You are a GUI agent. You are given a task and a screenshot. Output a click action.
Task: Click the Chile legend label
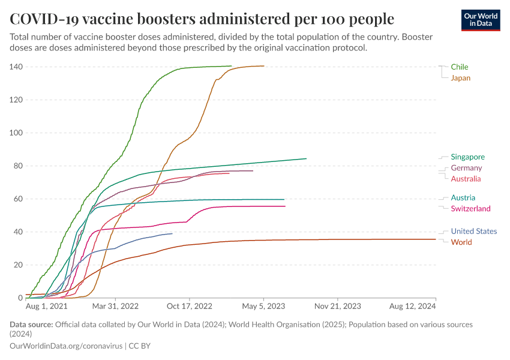point(460,67)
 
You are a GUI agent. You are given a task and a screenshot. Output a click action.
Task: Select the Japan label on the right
point(460,78)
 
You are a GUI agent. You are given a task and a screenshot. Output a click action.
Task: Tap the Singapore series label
point(467,157)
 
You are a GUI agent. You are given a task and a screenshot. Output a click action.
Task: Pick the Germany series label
point(466,168)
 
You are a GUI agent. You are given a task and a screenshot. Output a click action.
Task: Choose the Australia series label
point(466,179)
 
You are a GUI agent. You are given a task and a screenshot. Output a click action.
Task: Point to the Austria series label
point(463,197)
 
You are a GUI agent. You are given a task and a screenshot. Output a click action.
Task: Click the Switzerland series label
point(470,209)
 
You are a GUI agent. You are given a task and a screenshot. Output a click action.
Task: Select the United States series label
point(473,232)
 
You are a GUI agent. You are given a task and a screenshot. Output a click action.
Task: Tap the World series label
point(461,242)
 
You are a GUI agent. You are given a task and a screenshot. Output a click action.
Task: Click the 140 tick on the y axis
point(16,67)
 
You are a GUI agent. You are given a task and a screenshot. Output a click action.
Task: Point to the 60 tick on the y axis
point(18,199)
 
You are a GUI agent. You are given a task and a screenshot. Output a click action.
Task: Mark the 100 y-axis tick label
point(16,133)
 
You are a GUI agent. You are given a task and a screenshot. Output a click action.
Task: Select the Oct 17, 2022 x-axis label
point(190,306)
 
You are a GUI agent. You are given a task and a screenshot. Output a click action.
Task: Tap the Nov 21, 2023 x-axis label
point(338,306)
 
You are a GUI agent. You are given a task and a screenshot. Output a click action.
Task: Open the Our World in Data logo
point(481,20)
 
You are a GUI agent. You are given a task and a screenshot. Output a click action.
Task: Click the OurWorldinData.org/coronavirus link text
point(66,346)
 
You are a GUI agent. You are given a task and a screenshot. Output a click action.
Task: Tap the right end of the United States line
point(172,233)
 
